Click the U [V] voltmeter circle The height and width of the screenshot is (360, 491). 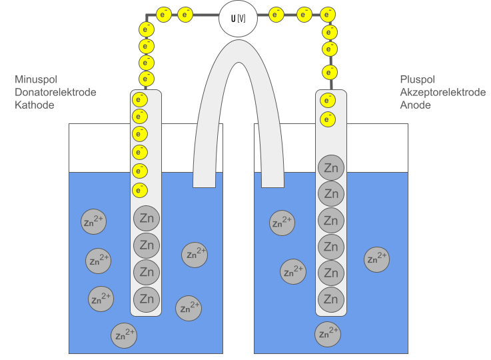pos(238,18)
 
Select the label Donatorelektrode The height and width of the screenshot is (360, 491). pos(55,92)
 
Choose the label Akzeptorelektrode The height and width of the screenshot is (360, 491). pos(442,92)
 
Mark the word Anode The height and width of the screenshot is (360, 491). pos(416,105)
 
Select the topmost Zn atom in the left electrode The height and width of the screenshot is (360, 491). pos(147,219)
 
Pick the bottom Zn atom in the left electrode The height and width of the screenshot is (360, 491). pos(147,299)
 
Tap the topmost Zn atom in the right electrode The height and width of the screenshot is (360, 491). pos(330,168)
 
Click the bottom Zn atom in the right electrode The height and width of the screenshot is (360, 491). pos(330,298)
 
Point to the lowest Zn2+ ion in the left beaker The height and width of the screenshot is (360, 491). pos(124,335)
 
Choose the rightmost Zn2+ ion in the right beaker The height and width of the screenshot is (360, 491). pos(376,259)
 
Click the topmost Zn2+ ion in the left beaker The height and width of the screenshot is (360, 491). pos(94,222)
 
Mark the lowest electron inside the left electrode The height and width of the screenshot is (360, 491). pos(140,190)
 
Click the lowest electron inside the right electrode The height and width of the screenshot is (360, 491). pos(328,119)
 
